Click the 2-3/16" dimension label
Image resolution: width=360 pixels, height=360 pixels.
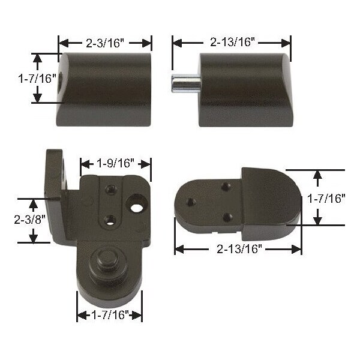click(x=105, y=43)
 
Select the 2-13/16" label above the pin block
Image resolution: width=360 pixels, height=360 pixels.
click(x=232, y=42)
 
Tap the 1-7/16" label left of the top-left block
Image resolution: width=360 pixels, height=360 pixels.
click(x=37, y=79)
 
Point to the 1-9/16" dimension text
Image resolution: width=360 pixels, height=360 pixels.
click(x=115, y=163)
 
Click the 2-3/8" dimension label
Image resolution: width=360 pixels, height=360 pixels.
click(x=30, y=219)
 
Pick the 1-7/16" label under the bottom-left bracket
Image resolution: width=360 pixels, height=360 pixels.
click(x=110, y=314)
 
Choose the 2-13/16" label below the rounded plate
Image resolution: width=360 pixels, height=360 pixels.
click(x=239, y=248)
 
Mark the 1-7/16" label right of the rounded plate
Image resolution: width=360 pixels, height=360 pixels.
click(x=326, y=199)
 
